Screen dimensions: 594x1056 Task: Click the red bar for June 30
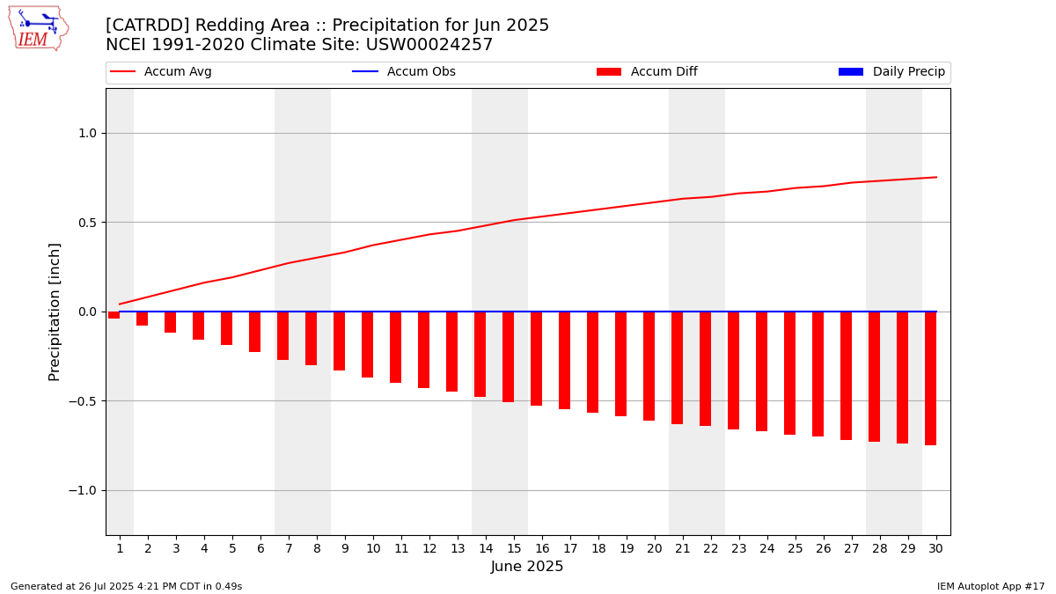click(x=930, y=378)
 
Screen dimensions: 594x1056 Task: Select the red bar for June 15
click(x=508, y=356)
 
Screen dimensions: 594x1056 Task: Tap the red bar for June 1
click(x=114, y=315)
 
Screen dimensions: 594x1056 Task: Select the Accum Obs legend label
click(x=421, y=72)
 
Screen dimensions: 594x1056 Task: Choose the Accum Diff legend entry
click(x=664, y=72)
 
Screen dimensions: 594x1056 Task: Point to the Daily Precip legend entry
click(x=908, y=72)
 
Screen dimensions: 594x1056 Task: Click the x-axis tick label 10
click(x=373, y=548)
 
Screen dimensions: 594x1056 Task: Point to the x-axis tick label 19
click(x=627, y=548)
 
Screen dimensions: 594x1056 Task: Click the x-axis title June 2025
click(x=527, y=567)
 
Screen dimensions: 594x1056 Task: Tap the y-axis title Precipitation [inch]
click(x=55, y=312)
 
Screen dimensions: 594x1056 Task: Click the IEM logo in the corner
click(x=38, y=28)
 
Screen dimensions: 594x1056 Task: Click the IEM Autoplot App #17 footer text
click(x=991, y=586)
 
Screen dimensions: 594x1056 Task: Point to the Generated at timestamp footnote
click(x=126, y=586)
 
